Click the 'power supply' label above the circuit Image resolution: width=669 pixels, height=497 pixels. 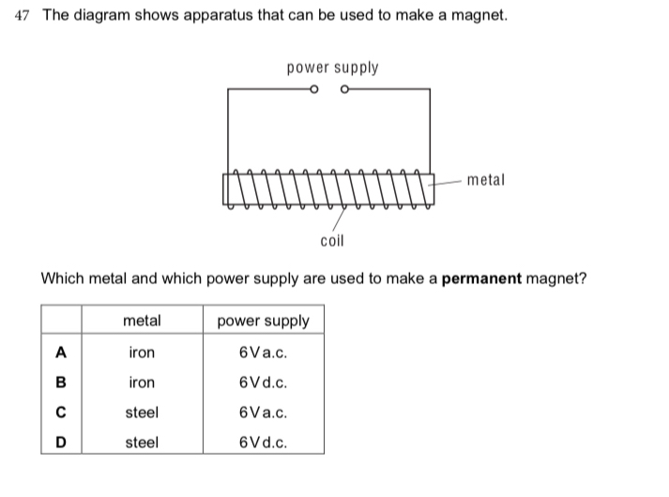(333, 68)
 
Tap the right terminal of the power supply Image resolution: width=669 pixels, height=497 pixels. (344, 90)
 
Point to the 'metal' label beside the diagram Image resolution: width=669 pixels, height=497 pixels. (485, 179)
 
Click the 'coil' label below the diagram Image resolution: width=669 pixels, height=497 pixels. (332, 241)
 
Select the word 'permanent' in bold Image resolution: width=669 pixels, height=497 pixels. (481, 279)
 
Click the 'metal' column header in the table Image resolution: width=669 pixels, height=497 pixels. (142, 321)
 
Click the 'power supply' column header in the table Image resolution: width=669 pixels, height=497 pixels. (263, 321)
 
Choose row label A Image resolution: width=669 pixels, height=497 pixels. (61, 353)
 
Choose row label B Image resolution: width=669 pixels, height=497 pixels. (61, 383)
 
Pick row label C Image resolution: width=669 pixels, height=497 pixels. (61, 413)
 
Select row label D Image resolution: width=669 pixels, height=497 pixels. (61, 443)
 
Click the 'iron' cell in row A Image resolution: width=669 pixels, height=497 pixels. (142, 353)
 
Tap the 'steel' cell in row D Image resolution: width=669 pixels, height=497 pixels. (142, 443)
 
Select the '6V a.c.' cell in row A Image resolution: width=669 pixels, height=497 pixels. (263, 353)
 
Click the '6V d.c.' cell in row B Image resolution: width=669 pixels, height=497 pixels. (263, 383)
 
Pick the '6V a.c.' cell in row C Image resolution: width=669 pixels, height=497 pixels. (263, 413)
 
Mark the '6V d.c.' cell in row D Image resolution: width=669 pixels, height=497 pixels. (263, 443)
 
